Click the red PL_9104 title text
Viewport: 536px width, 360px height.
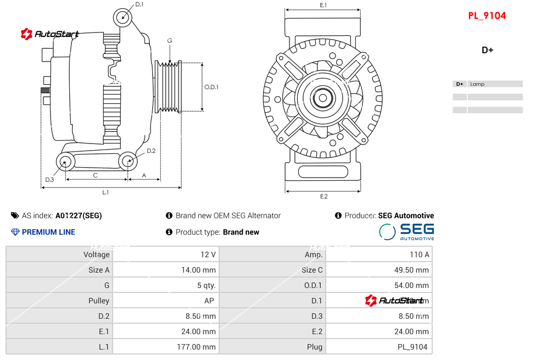coord(487,16)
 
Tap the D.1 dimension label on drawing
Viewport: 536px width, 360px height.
coord(139,4)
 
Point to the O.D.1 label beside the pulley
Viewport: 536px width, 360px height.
coord(211,87)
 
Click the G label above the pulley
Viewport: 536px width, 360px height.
coord(170,41)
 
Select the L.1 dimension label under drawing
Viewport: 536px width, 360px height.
coord(105,192)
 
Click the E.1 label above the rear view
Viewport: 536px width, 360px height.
coord(323,5)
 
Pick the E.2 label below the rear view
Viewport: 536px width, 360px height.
coord(323,196)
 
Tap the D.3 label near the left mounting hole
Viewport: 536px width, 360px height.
coord(49,179)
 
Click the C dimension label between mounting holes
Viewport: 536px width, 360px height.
coord(96,175)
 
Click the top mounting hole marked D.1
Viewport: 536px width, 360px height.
coord(123,17)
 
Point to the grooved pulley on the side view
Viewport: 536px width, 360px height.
coord(169,87)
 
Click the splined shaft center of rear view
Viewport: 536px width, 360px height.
coord(323,98)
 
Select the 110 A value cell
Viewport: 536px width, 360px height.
coord(420,254)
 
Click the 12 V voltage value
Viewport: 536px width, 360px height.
coord(208,254)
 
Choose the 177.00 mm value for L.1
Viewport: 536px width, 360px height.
coord(199,347)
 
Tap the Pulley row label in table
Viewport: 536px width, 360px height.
coord(99,301)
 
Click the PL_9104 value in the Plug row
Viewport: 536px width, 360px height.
coord(412,347)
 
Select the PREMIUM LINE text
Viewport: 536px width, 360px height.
coord(48,232)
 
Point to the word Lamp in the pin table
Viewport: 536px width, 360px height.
coord(477,84)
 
